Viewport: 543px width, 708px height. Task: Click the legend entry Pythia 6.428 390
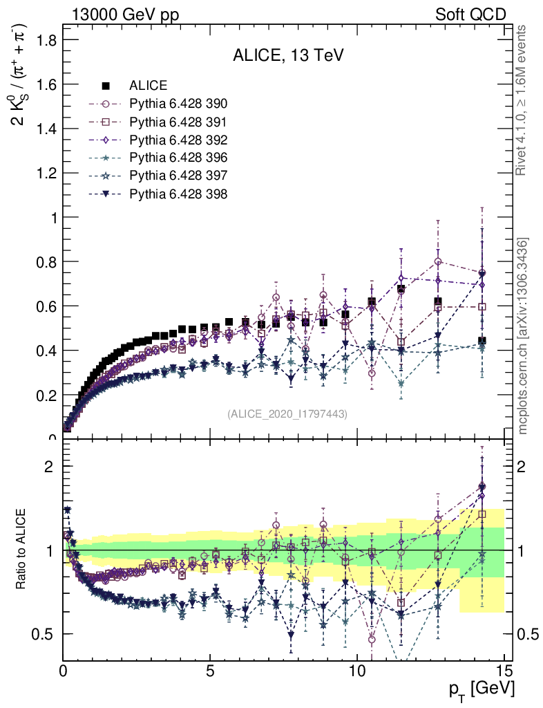178,104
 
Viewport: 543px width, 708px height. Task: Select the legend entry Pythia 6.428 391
178,122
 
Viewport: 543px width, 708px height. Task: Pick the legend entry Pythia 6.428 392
178,140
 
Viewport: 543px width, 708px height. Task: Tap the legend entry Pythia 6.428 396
178,158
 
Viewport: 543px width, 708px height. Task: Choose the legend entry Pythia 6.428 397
178,176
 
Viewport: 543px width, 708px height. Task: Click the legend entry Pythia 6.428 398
178,194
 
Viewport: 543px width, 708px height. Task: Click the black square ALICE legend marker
106,86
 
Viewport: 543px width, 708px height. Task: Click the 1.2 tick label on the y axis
46,173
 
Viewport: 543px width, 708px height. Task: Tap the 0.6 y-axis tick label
46,306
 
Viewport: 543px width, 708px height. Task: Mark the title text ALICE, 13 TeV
288,56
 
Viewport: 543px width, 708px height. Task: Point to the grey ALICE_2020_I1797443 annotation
287,413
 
